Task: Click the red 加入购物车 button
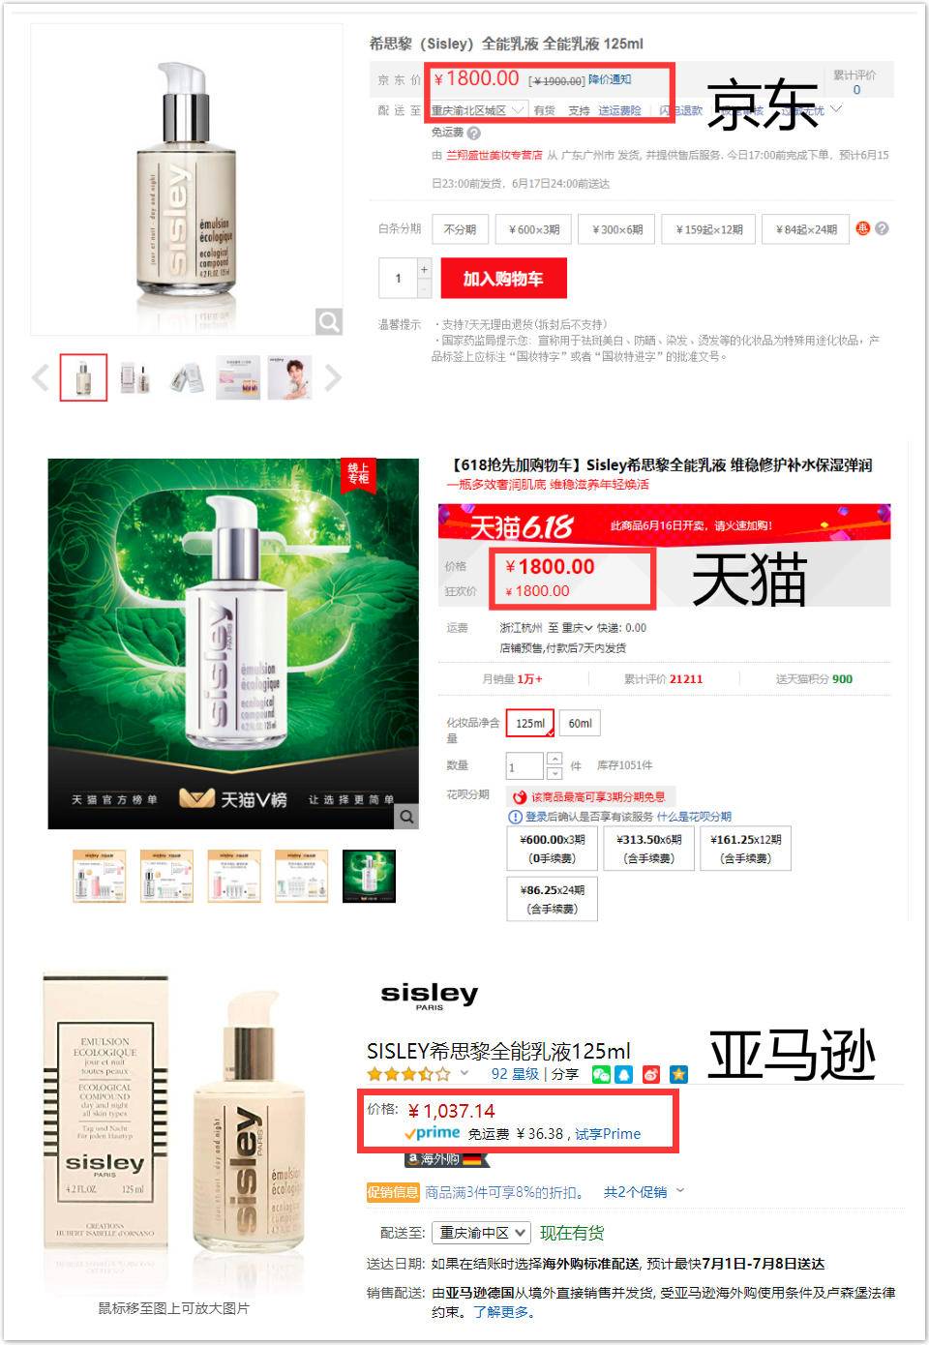(x=503, y=279)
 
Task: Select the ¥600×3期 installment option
(x=534, y=229)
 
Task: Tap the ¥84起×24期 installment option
(x=806, y=229)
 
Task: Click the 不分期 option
(x=460, y=229)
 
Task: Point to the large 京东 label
(x=762, y=105)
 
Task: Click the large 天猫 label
(x=749, y=580)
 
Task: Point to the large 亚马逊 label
(x=792, y=1054)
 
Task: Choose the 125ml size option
(x=530, y=723)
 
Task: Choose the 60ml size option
(x=580, y=723)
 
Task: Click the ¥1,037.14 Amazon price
(x=451, y=1111)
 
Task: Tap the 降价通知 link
(x=610, y=79)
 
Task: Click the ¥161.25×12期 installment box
(x=745, y=849)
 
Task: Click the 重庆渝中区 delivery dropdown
(x=481, y=1233)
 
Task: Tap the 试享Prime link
(x=608, y=1134)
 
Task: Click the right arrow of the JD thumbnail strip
(x=333, y=377)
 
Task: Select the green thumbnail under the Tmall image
(x=369, y=876)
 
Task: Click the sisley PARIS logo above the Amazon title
(x=430, y=996)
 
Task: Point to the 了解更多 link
(x=502, y=1312)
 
